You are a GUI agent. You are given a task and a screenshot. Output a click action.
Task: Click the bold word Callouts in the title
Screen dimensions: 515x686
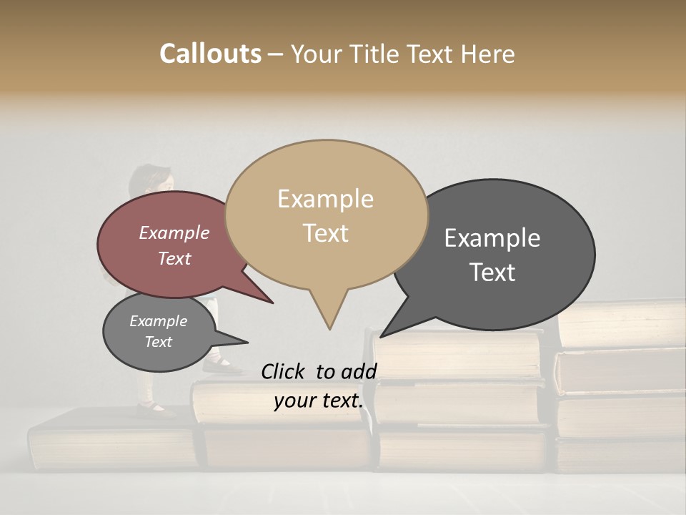[x=210, y=54]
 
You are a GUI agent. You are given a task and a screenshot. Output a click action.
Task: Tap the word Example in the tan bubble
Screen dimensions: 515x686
[x=325, y=199]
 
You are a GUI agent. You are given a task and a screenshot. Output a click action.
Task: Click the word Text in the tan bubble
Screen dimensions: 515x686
[x=325, y=233]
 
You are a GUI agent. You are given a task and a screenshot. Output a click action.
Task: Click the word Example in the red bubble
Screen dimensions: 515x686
[x=174, y=233]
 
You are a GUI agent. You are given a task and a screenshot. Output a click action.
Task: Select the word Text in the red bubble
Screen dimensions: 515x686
[x=174, y=259]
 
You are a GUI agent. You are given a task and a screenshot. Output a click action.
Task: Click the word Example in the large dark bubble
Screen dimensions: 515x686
[x=492, y=238]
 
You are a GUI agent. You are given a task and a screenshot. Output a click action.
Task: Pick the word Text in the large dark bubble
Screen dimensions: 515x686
[x=492, y=273]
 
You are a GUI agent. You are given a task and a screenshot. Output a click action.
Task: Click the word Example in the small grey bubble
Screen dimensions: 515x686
[x=158, y=321]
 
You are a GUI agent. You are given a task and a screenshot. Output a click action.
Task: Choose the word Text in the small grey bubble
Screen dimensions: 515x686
[x=158, y=342]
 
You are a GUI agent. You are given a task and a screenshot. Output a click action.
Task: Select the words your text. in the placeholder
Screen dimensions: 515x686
[x=319, y=401]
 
